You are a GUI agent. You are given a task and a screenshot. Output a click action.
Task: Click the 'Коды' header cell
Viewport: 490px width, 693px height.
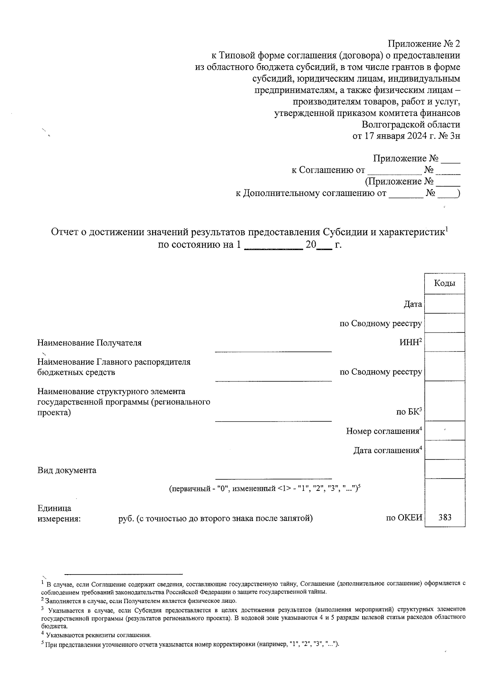pyautogui.click(x=444, y=283)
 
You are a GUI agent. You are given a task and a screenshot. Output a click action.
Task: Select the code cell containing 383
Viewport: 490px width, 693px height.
pyautogui.click(x=444, y=517)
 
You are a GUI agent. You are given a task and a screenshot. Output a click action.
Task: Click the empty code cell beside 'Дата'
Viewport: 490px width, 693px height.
pyautogui.click(x=444, y=304)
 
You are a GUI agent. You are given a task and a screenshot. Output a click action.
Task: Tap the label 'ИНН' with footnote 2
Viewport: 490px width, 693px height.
pyautogui.click(x=410, y=343)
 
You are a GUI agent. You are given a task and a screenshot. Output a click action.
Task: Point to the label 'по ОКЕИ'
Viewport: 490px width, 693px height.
pyautogui.click(x=404, y=518)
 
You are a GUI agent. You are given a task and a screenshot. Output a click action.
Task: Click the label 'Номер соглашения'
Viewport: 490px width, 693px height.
pyautogui.click(x=383, y=431)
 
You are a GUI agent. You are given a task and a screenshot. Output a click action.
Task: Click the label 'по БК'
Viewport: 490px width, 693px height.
pyautogui.click(x=409, y=412)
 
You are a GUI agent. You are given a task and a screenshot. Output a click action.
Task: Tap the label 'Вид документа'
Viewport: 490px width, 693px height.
pyautogui.click(x=67, y=470)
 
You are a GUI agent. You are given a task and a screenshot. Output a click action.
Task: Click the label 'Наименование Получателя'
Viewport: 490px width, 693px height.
pyautogui.click(x=89, y=343)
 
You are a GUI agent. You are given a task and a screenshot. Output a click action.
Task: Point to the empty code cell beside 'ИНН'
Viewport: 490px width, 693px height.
pyautogui.click(x=444, y=342)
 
